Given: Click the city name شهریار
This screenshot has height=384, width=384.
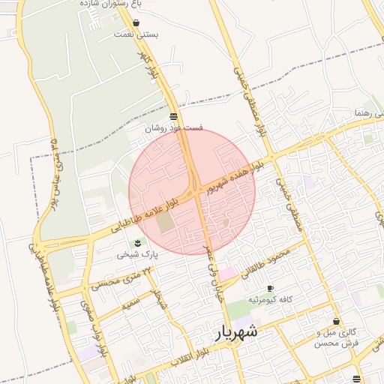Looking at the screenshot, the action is (x=235, y=331).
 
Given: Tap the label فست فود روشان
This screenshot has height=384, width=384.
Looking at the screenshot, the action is (x=174, y=128).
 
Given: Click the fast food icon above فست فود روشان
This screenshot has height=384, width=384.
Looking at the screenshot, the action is (x=174, y=116).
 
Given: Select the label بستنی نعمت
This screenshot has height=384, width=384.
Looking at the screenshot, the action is (x=135, y=34).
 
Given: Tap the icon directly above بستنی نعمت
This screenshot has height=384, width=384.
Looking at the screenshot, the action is (x=135, y=22).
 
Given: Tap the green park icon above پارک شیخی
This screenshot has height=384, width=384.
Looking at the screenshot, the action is (x=137, y=242).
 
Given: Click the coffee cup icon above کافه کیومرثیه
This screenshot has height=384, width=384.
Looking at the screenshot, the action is (x=270, y=289).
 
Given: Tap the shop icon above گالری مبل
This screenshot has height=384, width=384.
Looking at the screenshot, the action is (x=336, y=321).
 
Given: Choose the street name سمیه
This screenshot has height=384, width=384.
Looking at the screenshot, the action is (x=131, y=304).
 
